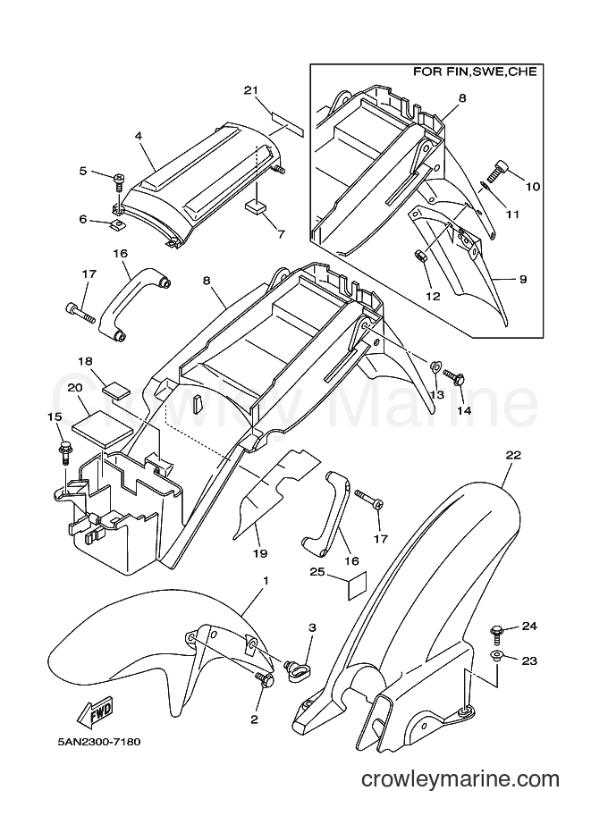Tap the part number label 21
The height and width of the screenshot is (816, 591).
251,90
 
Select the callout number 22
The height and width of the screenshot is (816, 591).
513,454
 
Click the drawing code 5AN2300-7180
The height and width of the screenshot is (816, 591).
99,742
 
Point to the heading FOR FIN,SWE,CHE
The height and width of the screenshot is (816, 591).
475,72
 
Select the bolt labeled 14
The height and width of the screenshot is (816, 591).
454,376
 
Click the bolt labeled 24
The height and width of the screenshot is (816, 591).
494,635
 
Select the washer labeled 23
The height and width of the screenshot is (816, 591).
495,656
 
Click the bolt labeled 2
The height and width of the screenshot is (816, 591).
265,679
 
